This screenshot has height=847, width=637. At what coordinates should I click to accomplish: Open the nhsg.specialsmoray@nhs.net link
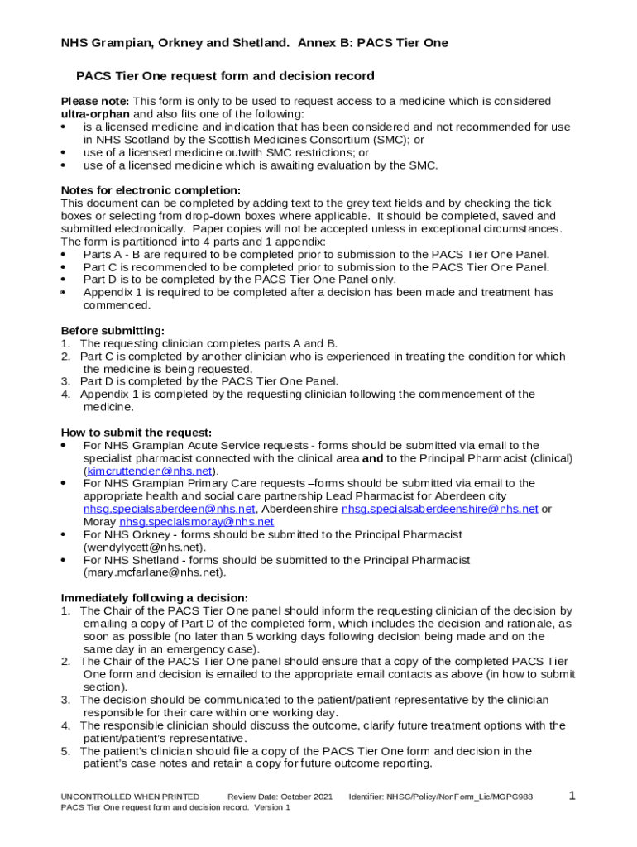point(196,522)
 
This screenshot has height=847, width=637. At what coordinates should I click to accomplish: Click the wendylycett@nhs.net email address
point(144,547)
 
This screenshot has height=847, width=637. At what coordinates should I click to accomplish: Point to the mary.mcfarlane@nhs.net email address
point(153,572)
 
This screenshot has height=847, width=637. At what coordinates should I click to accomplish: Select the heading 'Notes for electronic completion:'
point(151,190)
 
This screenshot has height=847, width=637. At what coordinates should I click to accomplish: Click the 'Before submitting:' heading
point(113,331)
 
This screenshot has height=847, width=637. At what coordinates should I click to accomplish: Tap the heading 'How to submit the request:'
point(136,433)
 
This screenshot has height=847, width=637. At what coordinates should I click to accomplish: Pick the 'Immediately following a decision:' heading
point(154,598)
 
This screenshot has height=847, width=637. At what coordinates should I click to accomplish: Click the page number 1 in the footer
point(572,796)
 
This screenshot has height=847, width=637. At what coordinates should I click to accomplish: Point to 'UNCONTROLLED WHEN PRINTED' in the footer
point(130,797)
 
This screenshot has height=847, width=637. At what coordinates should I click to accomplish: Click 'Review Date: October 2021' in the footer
point(280,797)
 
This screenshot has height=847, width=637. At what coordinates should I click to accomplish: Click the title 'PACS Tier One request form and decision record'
point(225,76)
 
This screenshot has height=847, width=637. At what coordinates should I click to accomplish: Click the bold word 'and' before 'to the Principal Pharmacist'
point(372,458)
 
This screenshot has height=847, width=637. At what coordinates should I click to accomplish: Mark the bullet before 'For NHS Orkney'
point(65,535)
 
